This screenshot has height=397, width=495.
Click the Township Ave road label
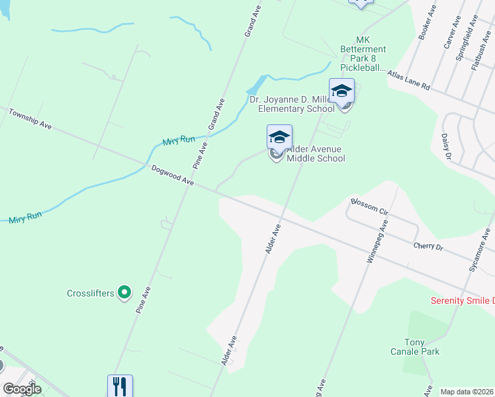coord(30,119)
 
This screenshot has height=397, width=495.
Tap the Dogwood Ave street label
coord(172,175)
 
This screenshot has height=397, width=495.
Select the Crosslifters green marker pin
coord(124,292)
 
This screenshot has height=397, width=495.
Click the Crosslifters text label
coord(90,292)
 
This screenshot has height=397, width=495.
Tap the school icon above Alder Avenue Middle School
coord(279,138)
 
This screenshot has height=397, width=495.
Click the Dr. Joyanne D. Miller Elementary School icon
coord(341,91)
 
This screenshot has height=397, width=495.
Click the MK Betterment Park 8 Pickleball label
coord(363,54)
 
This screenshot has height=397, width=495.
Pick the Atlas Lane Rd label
coord(409,81)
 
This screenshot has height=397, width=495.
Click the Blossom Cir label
coord(369,206)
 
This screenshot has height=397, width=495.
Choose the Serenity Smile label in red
coord(463,300)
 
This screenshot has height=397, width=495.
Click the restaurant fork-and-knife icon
coord(120,385)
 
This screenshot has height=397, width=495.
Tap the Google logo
coord(22,389)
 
